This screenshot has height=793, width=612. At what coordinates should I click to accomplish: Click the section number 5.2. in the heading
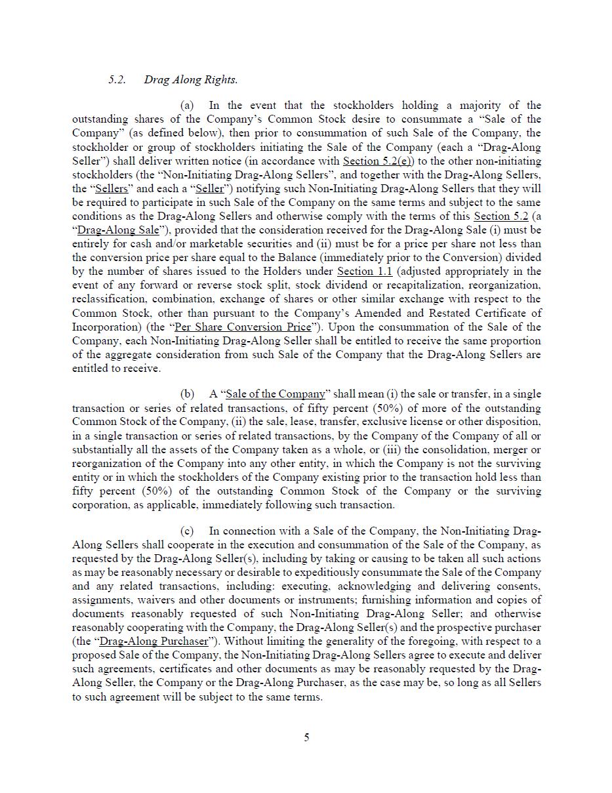click(117, 80)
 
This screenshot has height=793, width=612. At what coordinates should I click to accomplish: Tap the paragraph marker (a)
click(187, 106)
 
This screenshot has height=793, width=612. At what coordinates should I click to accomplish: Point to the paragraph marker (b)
click(188, 394)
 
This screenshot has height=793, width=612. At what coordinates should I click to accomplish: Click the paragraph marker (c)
click(187, 531)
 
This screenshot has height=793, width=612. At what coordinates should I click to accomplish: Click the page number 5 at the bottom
click(306, 737)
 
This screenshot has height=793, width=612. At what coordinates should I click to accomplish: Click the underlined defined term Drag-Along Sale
click(118, 230)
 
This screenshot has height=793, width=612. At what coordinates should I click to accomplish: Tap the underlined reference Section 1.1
click(364, 272)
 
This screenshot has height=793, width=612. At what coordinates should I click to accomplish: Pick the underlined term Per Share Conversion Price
click(243, 327)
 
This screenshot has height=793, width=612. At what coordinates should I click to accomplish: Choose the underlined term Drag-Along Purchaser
click(154, 641)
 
